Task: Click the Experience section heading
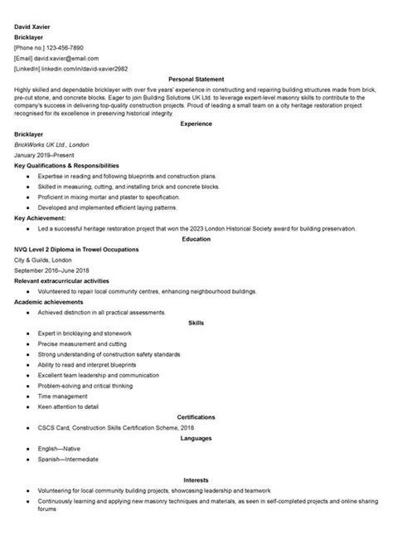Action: pos(196,124)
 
